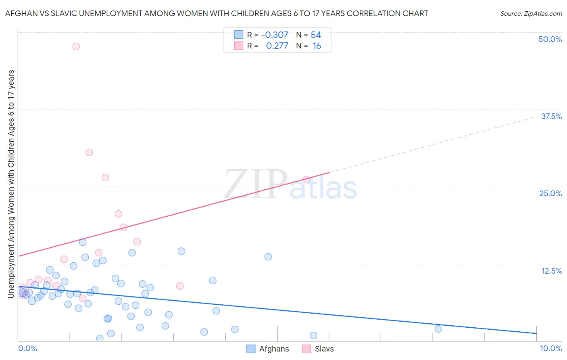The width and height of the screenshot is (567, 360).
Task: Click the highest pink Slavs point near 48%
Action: pos(76,46)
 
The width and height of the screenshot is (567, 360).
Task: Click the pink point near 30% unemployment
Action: pos(89,152)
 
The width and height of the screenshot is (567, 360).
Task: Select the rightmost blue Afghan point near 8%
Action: pos(438,329)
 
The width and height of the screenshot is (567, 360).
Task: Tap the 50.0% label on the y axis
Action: pos(550,39)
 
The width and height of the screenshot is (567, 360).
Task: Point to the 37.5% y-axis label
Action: pos(551,116)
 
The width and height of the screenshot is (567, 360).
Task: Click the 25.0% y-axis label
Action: pos(550,193)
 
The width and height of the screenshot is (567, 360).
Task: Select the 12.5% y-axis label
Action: pos(551,271)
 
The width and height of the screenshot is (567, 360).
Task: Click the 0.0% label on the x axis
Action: pos(27,348)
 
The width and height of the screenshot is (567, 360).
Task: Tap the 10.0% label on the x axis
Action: pos(550,348)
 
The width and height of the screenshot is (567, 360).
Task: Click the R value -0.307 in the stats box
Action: pos(275,35)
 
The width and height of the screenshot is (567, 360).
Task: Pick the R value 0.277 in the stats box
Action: pos(277,46)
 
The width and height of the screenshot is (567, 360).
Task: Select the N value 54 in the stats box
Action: pos(316,35)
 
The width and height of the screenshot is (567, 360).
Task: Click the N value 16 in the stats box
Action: pos(317,46)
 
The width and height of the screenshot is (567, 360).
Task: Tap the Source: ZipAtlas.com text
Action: pos(531,14)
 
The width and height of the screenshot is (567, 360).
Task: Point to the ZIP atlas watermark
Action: pos(290,185)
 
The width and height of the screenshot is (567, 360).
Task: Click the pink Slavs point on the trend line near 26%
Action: pos(306,180)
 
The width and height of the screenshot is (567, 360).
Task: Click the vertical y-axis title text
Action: pos(11,184)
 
